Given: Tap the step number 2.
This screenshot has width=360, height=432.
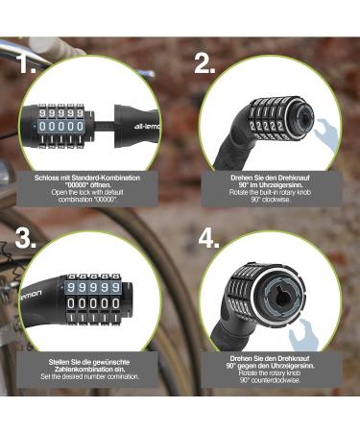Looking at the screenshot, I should tap(204, 65).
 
